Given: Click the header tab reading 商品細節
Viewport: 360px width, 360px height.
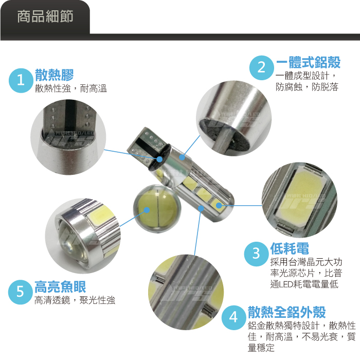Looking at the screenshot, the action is pyautogui.click(x=45, y=17).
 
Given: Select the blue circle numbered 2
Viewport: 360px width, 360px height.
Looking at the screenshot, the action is pyautogui.click(x=261, y=68).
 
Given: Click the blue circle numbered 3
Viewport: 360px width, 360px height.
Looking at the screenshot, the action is pyautogui.click(x=256, y=254).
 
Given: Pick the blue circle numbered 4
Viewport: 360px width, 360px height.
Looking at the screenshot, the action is pyautogui.click(x=233, y=317).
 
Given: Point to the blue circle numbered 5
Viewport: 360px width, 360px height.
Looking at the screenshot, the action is pyautogui.click(x=20, y=292).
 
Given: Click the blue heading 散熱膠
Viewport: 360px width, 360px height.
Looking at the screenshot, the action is pyautogui.click(x=54, y=75).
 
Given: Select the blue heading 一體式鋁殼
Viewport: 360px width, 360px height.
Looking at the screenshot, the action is pyautogui.click(x=308, y=62).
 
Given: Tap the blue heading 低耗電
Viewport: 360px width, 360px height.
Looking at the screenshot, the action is pyautogui.click(x=290, y=248).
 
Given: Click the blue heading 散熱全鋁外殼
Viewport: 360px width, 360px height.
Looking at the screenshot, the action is pyautogui.click(x=287, y=312).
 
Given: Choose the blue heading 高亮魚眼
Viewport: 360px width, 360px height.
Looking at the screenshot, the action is pyautogui.click(x=60, y=287).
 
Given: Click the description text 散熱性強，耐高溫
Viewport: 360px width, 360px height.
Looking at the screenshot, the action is pyautogui.click(x=71, y=88).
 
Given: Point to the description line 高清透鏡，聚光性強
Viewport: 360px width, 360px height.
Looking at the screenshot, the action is pyautogui.click(x=75, y=300).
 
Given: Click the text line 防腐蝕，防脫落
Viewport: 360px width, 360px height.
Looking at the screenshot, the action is pyautogui.click(x=307, y=87).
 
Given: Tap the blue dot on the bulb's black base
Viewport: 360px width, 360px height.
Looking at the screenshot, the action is pyautogui.click(x=159, y=159).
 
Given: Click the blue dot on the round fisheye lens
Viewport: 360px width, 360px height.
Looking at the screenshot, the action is pyautogui.click(x=147, y=210).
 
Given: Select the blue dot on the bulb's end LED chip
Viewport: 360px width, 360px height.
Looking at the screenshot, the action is pyautogui.click(x=219, y=205).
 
